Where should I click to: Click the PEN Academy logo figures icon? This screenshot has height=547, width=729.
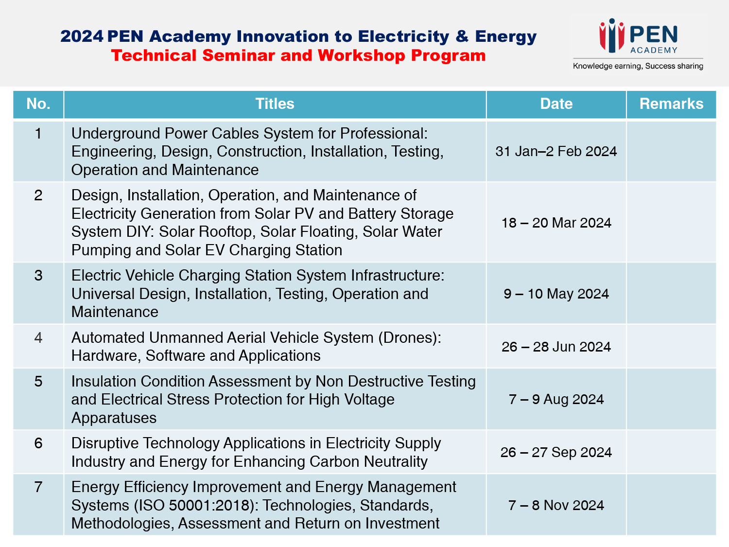[x=612, y=35]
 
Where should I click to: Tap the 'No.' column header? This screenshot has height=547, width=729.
[x=38, y=104]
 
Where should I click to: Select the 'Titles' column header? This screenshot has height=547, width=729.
[x=275, y=104]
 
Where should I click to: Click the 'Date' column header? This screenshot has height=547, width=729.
[x=556, y=104]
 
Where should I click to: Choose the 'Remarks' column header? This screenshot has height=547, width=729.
[x=671, y=104]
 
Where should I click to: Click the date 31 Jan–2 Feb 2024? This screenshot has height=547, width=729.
[x=556, y=151]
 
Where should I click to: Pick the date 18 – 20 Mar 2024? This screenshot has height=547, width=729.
[x=556, y=223]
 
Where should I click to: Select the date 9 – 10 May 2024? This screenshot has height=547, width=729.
[x=556, y=294]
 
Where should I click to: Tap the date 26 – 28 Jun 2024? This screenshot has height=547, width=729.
[x=556, y=347]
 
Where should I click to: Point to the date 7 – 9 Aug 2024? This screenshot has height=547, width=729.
[x=556, y=400]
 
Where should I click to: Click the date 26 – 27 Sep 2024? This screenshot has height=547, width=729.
[x=556, y=452]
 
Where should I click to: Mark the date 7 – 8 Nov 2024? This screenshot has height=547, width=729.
[x=556, y=506]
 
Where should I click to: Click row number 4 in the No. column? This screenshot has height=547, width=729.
[x=38, y=338]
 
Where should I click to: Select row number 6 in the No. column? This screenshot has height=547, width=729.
[x=38, y=443]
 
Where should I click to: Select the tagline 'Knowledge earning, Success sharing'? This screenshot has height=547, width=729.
[x=638, y=66]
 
